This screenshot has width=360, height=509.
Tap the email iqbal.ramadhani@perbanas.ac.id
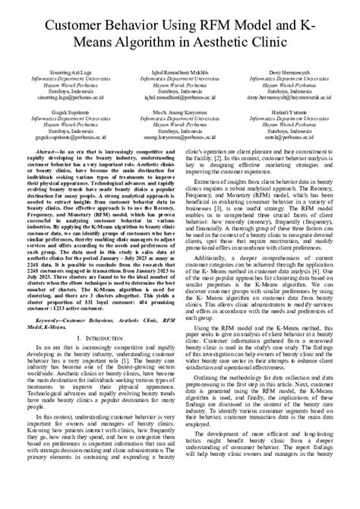coord(178,99)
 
